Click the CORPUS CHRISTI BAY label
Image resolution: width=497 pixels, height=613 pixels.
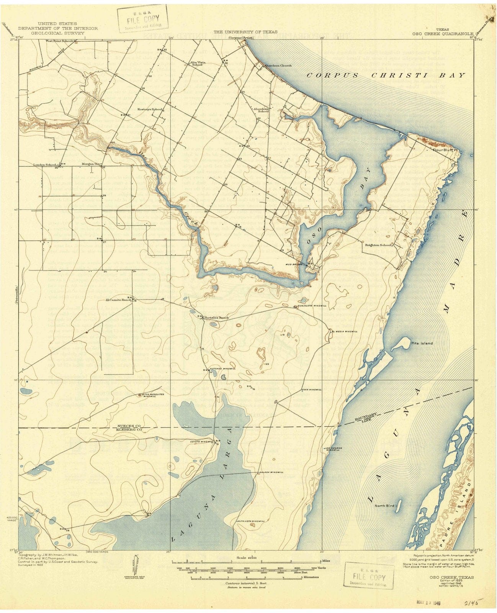pos(386,75)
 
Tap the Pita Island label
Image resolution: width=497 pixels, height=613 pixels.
pos(422,343)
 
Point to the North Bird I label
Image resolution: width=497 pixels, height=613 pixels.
pos(387,505)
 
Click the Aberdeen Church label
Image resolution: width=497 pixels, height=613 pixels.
pos(278,66)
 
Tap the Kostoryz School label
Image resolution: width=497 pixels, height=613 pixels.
pos(152,109)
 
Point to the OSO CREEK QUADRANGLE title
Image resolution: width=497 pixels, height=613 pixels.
pos(443,34)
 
